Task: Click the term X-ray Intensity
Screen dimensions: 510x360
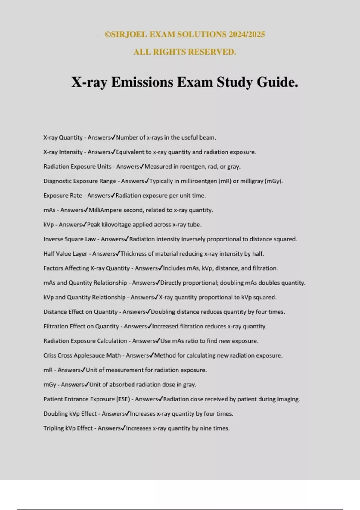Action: [63, 152]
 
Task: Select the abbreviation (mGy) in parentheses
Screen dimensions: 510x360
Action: [274, 181]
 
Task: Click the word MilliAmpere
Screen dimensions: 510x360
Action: [105, 210]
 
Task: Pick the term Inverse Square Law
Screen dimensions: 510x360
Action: [70, 239]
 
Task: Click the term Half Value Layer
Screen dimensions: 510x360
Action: [65, 254]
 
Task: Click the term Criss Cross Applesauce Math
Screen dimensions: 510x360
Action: [82, 355]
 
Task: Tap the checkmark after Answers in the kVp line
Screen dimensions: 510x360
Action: [85, 224]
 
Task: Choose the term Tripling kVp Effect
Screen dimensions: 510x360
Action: [68, 428]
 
